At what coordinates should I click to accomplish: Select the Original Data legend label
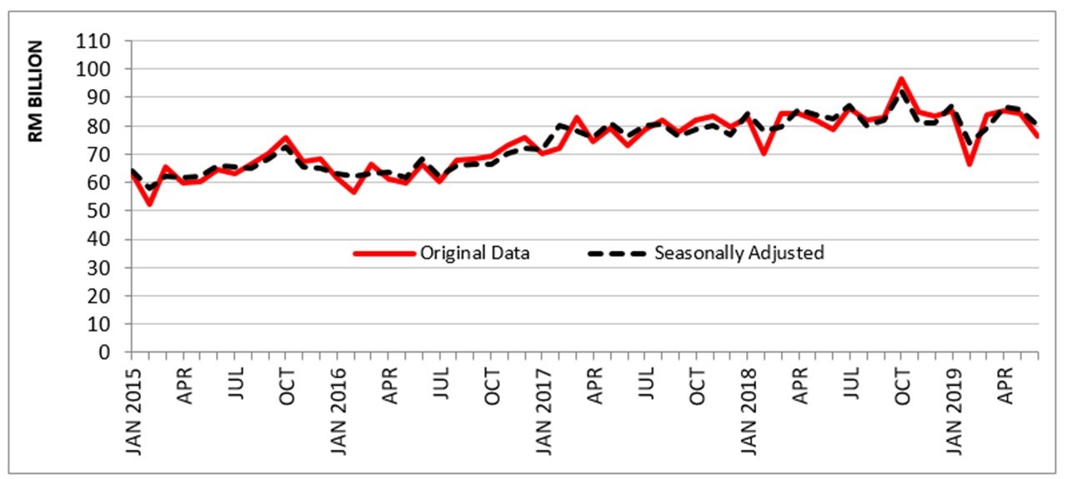[x=474, y=253]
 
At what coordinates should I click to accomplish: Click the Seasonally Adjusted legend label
[x=739, y=253]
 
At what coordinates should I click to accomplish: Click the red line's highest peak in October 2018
[x=901, y=79]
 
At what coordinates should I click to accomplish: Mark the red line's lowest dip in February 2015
[x=149, y=204]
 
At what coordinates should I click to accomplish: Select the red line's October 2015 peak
[x=286, y=137]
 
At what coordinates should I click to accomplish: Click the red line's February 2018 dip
[x=764, y=153]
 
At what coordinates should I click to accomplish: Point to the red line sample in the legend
[x=383, y=253]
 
